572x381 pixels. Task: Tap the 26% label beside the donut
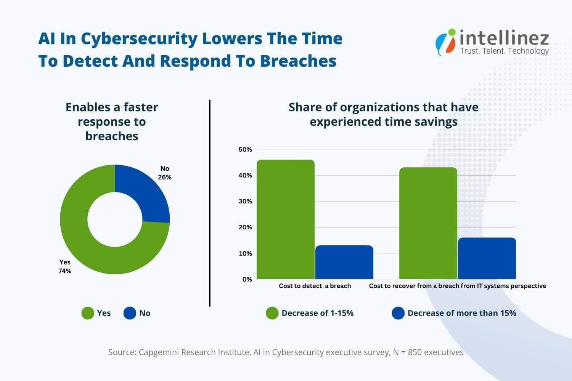[x=165, y=177]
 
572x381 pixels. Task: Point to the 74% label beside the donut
[x=65, y=271]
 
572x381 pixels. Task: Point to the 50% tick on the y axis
[x=245, y=149]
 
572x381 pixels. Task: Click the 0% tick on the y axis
[x=247, y=279]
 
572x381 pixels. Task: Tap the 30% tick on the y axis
[x=245, y=201]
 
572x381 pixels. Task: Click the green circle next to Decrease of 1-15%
[x=272, y=313]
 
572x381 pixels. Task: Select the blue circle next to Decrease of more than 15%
[x=398, y=313]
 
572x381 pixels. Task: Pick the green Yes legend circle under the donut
[x=88, y=313]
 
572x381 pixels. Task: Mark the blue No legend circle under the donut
[x=130, y=313]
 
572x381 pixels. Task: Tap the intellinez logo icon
[x=446, y=42]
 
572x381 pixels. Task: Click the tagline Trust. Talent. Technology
[x=504, y=51]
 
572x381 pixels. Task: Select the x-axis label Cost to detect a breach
[x=315, y=286]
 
